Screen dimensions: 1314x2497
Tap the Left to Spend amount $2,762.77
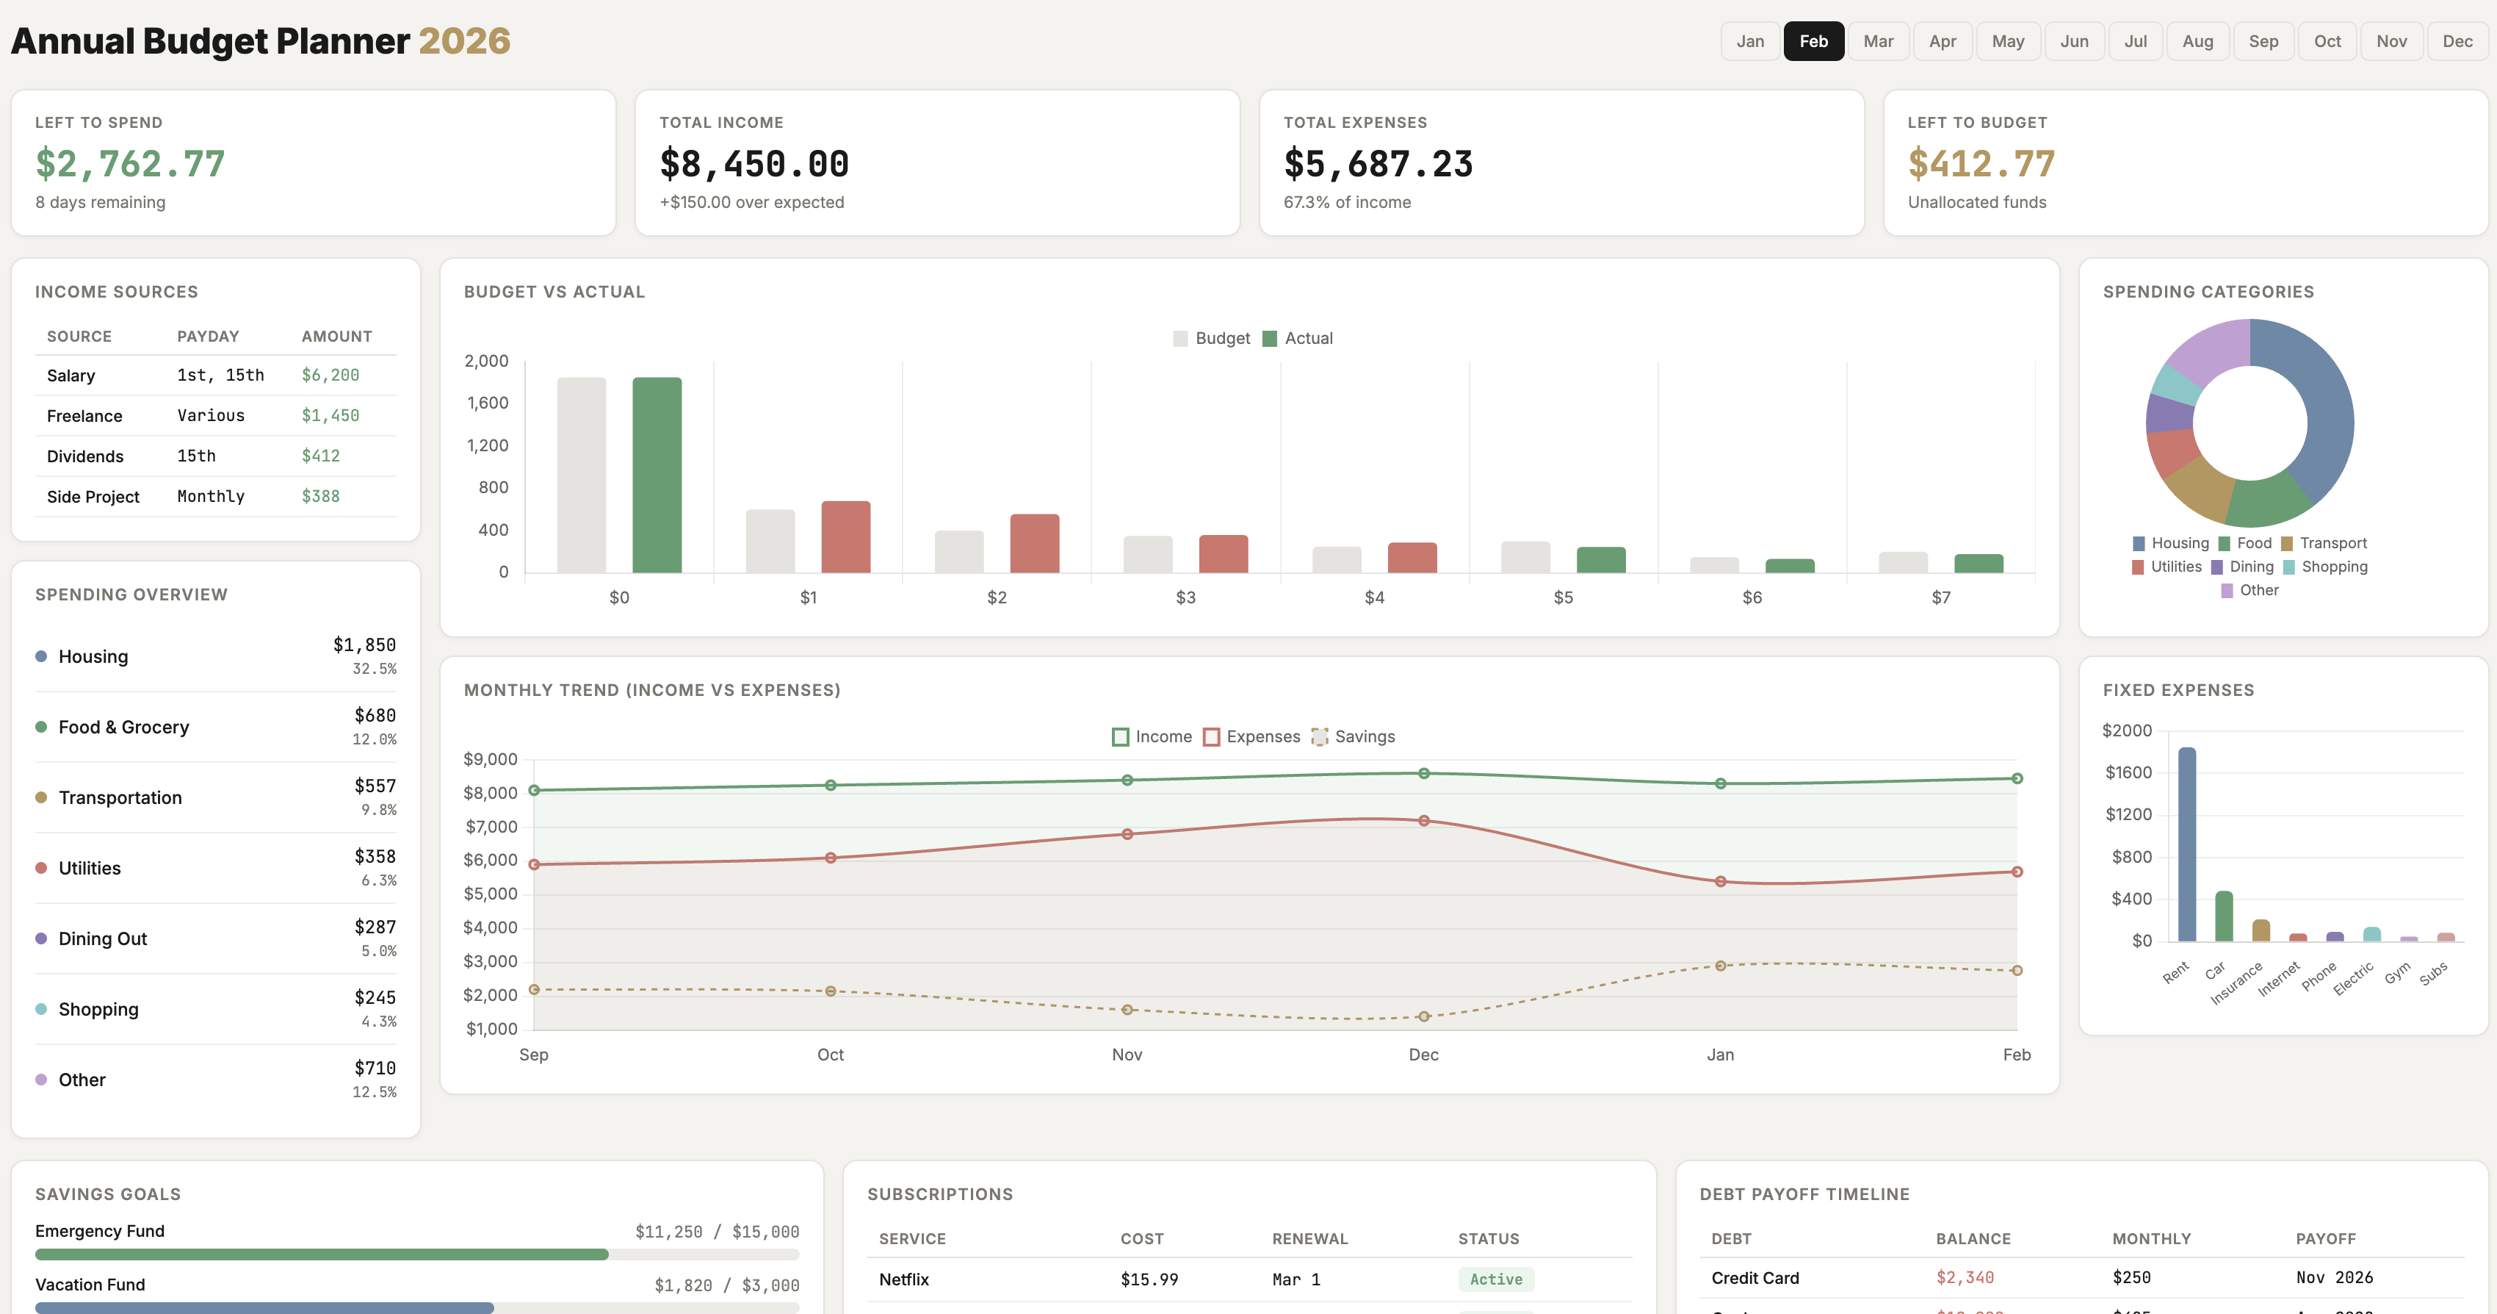(130, 164)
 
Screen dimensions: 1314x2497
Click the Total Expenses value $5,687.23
(1378, 164)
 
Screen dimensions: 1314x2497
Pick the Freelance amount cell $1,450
(330, 415)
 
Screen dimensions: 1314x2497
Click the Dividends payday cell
(197, 456)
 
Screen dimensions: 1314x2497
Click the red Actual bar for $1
(845, 536)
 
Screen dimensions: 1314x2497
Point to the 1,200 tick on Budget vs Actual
(488, 445)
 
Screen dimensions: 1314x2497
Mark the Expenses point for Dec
(1423, 820)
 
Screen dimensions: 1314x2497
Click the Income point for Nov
(1127, 780)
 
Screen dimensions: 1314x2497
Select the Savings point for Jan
(1719, 966)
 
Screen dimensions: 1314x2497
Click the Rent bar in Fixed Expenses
(2187, 844)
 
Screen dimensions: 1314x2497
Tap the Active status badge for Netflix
(1495, 1279)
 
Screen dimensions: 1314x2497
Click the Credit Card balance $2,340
(1964, 1277)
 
